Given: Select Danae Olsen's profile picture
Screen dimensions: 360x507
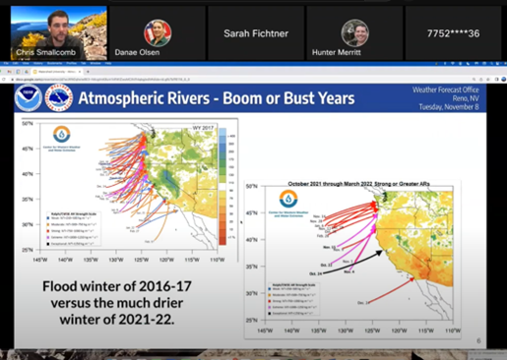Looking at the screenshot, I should (158, 30).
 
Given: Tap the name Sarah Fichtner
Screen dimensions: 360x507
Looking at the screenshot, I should (256, 32).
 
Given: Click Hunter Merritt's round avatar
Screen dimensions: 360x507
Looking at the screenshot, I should (354, 30).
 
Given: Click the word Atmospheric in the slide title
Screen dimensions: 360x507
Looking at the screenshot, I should (128, 97).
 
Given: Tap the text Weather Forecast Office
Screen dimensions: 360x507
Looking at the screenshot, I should (443, 90).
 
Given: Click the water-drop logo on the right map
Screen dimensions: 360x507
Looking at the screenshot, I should (287, 200).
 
